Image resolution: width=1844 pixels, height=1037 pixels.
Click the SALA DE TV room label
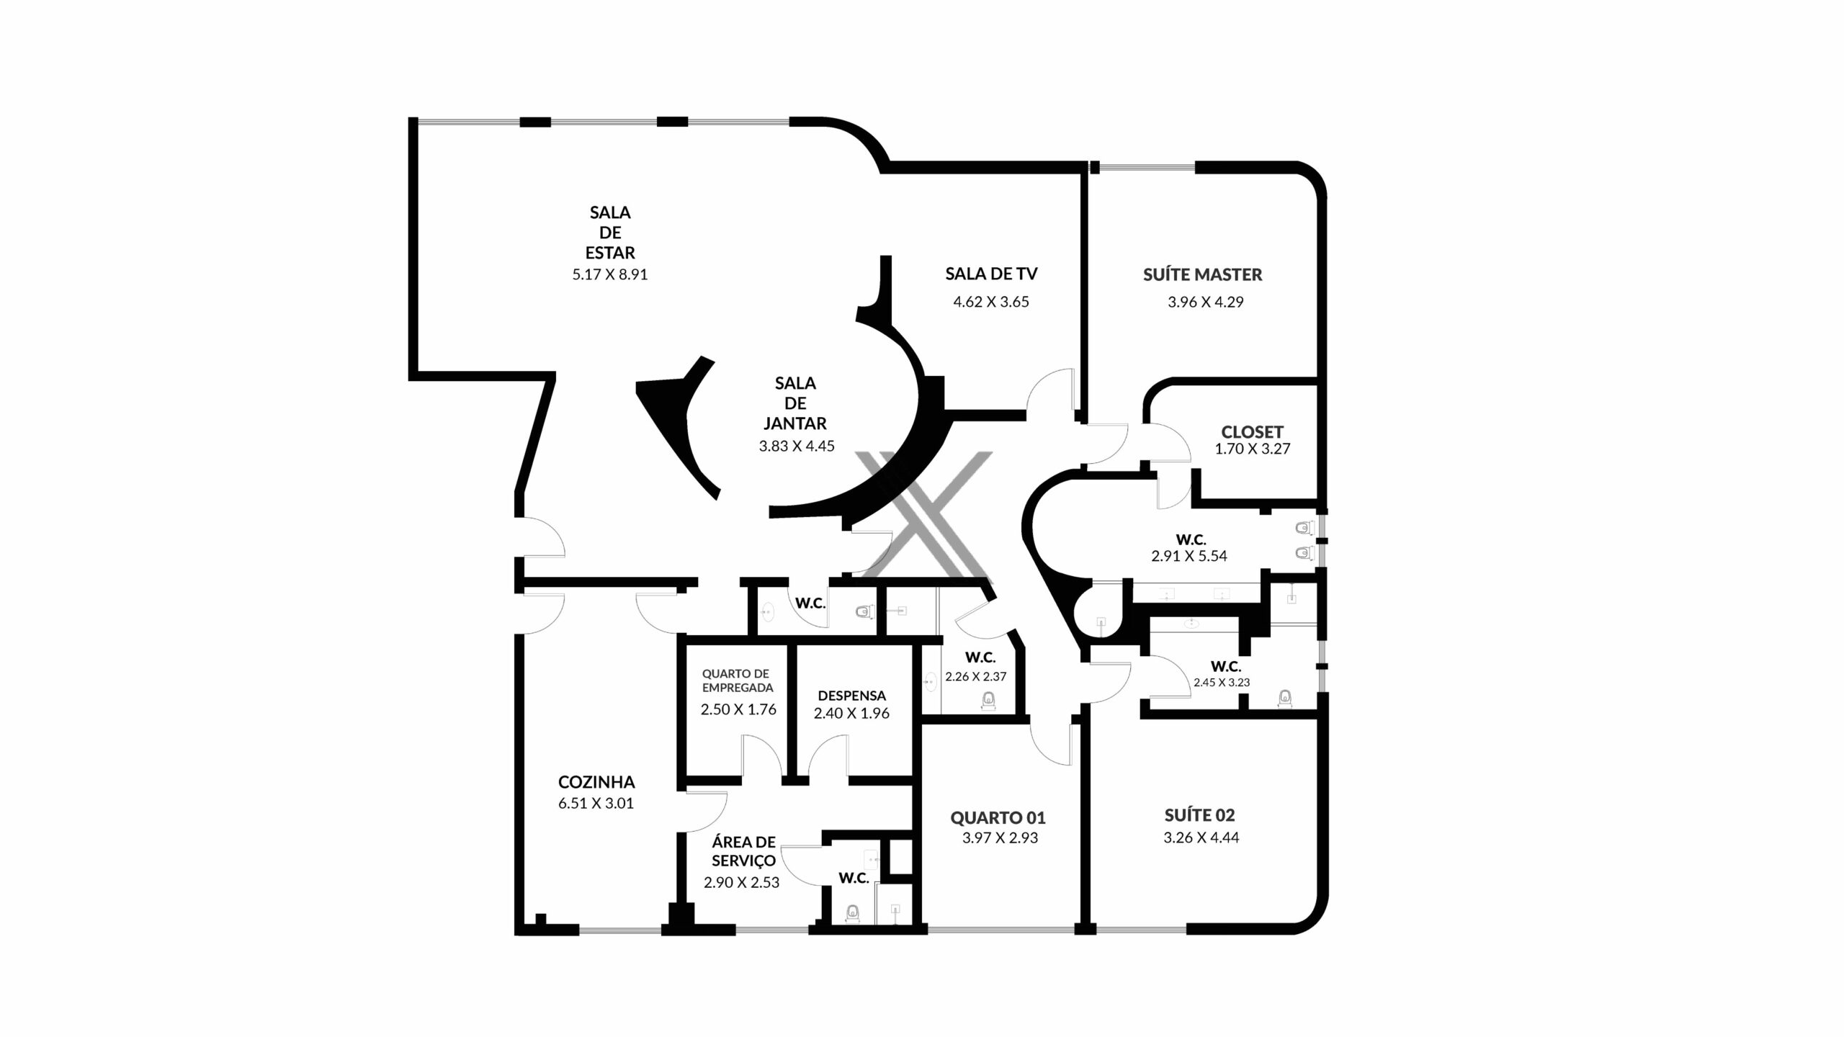[991, 274]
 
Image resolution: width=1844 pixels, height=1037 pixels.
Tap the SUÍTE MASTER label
[1202, 274]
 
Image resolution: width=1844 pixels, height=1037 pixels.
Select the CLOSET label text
[1252, 432]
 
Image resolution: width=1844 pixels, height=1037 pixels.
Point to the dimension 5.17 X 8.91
[610, 274]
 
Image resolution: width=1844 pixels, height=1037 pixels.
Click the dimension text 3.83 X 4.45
[797, 446]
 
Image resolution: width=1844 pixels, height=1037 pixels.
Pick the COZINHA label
[596, 782]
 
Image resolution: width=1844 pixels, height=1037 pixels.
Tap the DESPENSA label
[851, 696]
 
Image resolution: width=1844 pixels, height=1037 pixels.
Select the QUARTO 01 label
[998, 817]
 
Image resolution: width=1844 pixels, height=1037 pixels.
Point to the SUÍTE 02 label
[1200, 816]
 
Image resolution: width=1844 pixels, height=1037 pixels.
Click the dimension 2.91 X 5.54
[1189, 556]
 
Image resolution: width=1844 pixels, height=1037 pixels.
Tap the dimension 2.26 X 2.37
[976, 677]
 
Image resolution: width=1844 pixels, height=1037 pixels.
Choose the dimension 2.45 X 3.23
[1222, 683]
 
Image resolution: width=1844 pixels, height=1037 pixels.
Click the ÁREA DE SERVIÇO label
[743, 851]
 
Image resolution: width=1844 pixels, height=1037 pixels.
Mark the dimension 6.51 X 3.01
[596, 804]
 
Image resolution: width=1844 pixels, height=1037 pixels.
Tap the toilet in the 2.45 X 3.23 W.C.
[1284, 698]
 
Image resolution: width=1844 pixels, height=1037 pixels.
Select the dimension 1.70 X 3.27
[1253, 449]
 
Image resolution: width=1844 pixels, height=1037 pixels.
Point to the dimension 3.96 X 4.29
[1206, 302]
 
